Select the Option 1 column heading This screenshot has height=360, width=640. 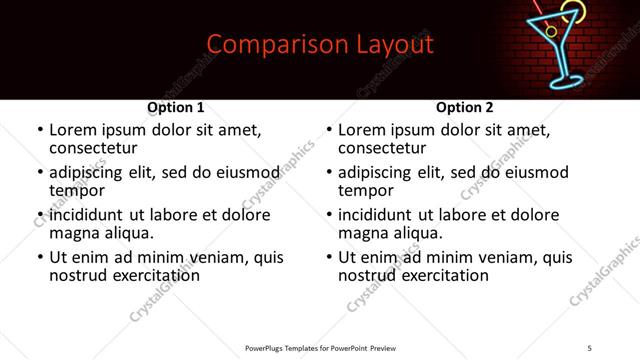point(176,107)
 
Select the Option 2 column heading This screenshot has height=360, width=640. point(465,107)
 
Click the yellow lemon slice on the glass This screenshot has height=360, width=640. point(571,12)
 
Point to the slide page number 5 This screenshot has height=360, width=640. point(590,348)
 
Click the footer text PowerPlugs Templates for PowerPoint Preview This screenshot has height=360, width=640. point(319,348)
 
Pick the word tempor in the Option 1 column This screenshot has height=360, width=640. point(77,191)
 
